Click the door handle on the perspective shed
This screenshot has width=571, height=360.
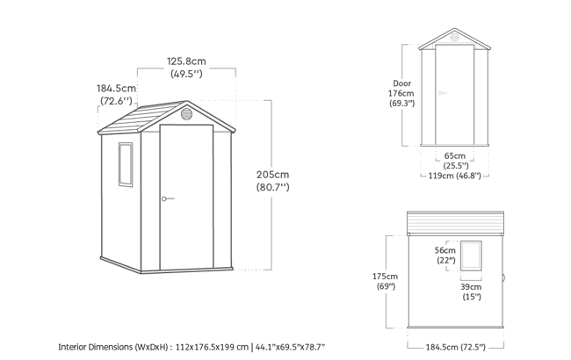coord(166,198)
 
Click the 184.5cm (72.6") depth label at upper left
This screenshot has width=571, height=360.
coord(117,89)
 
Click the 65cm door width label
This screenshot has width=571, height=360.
coord(455,155)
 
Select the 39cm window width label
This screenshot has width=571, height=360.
coord(471,287)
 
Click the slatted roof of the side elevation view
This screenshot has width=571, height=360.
coord(457,224)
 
